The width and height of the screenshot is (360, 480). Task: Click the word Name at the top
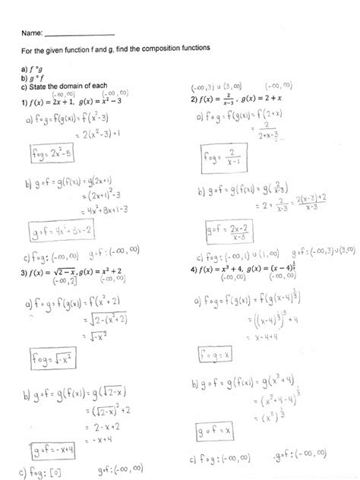tap(32, 33)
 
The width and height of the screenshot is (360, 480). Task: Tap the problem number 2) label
tap(195, 100)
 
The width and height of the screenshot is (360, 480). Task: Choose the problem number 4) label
tap(195, 272)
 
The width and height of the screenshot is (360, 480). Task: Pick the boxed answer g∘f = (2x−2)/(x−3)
tap(226, 229)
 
